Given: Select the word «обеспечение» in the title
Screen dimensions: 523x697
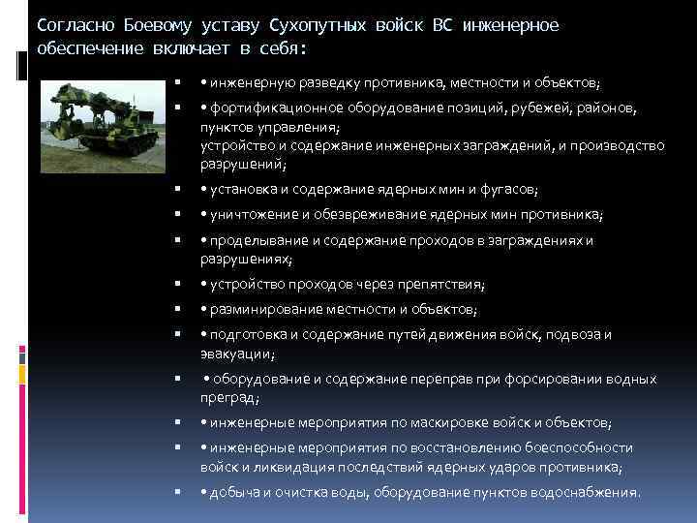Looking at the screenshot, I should tap(80, 46).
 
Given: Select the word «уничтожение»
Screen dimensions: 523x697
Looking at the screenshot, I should tap(247, 214).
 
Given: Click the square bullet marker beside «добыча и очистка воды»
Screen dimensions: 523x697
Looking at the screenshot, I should tap(177, 492).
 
